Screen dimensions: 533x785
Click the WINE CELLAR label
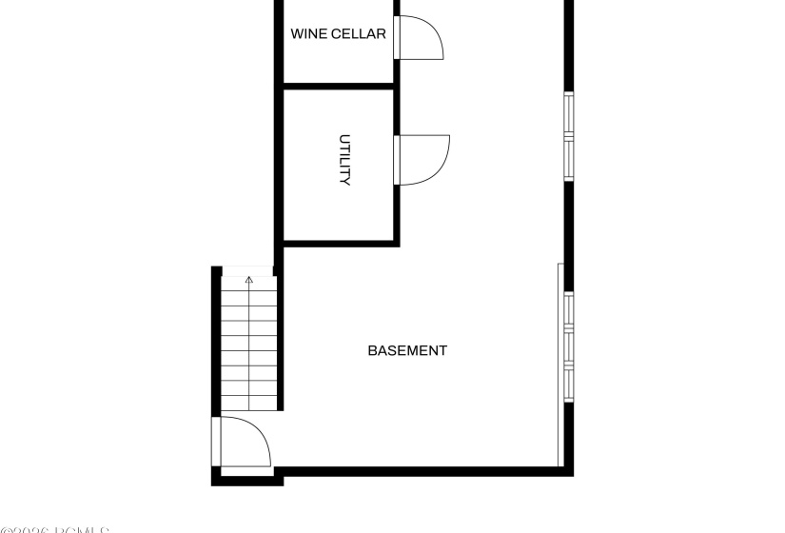point(338,34)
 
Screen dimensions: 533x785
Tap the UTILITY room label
point(345,160)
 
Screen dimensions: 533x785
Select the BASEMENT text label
point(407,350)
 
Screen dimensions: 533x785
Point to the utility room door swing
point(424,159)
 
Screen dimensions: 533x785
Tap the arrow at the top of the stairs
point(249,281)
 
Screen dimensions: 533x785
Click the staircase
point(249,343)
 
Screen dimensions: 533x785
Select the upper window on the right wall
point(568,136)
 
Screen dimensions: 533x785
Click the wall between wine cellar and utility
point(338,86)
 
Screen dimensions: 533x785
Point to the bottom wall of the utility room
point(338,243)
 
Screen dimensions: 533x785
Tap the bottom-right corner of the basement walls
point(569,470)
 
